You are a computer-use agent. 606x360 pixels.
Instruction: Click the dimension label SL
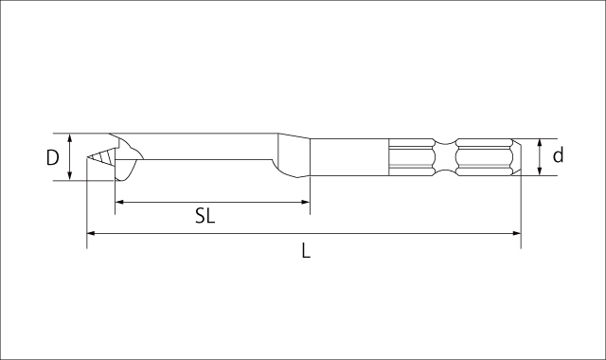[x=205, y=216]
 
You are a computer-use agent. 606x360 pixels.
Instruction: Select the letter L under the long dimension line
[x=306, y=251]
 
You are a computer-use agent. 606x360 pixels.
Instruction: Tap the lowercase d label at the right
[x=559, y=155]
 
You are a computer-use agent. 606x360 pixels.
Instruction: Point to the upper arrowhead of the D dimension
[x=71, y=138]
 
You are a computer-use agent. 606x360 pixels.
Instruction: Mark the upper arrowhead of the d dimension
[x=540, y=143]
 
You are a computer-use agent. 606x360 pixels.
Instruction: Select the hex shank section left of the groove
[x=413, y=156]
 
